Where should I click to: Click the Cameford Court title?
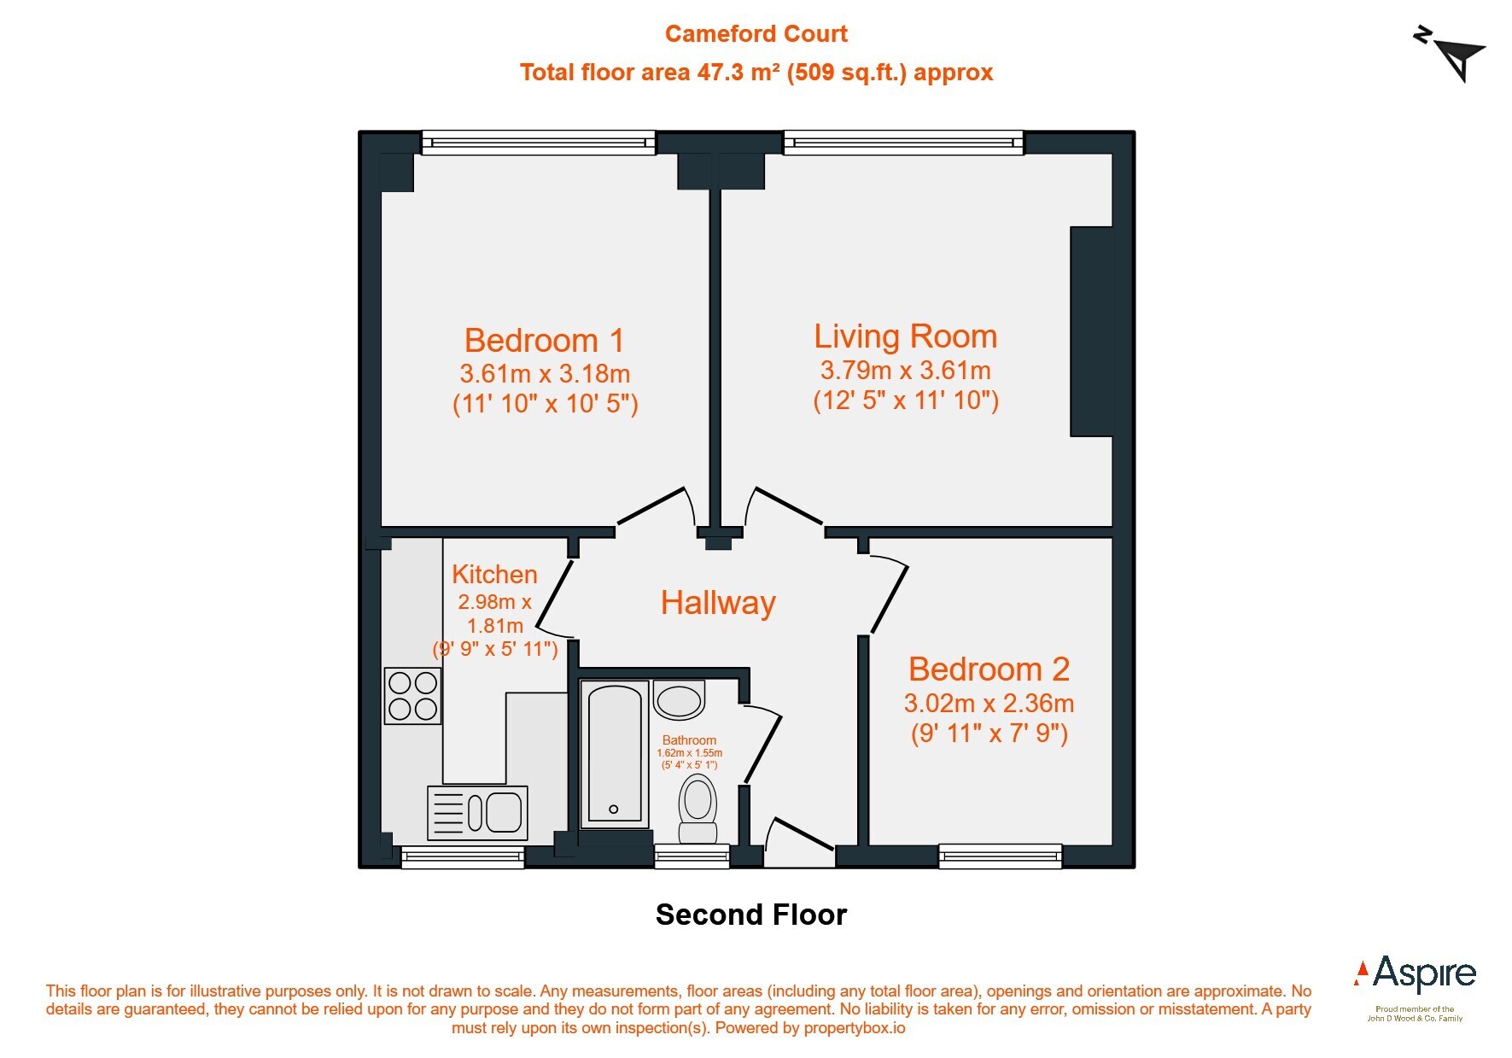pos(756,34)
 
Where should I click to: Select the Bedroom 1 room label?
pos(545,341)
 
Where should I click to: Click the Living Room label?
pos(905,336)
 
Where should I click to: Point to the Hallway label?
pos(718,603)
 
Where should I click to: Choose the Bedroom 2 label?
pos(989,669)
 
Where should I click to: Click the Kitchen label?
pos(494,575)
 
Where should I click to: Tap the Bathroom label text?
pos(689,740)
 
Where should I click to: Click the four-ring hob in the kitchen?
pos(413,696)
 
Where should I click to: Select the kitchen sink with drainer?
pos(477,812)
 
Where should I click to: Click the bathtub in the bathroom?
pos(615,754)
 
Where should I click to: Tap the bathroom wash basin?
pos(680,700)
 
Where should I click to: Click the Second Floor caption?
pos(751,915)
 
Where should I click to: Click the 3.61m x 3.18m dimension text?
pos(545,374)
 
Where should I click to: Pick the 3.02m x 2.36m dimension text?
pos(989,704)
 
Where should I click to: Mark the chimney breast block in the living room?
pos(1092,332)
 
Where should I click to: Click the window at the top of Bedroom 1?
pos(539,143)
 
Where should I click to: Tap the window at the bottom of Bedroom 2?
pos(1001,856)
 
